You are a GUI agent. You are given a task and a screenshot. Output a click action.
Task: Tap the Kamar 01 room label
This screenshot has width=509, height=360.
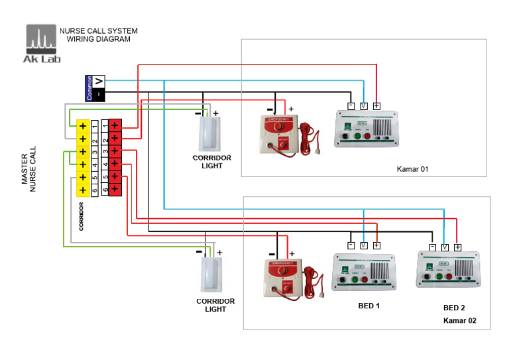pyautogui.click(x=412, y=169)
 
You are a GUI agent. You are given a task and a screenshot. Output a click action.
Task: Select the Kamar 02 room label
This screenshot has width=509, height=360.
pyautogui.click(x=459, y=321)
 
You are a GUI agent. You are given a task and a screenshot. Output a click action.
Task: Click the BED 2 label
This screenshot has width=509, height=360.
pyautogui.click(x=454, y=308)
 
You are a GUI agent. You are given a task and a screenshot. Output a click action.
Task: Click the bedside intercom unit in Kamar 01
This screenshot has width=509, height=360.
pyautogui.click(x=367, y=129)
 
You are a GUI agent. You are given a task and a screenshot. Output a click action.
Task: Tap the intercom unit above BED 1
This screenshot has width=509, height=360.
pyautogui.click(x=364, y=272)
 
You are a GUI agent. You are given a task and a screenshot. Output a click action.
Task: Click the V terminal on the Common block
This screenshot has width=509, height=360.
pyautogui.click(x=98, y=81)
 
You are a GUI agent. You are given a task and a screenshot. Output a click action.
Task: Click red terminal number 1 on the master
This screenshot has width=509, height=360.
pyautogui.click(x=115, y=125)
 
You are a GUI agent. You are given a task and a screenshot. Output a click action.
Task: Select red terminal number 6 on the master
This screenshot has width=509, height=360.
pyautogui.click(x=115, y=190)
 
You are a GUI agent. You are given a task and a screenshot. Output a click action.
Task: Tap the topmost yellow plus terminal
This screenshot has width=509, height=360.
pyautogui.click(x=83, y=125)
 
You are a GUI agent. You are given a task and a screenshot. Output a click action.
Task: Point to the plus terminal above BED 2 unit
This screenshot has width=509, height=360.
pyautogui.click(x=457, y=247)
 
